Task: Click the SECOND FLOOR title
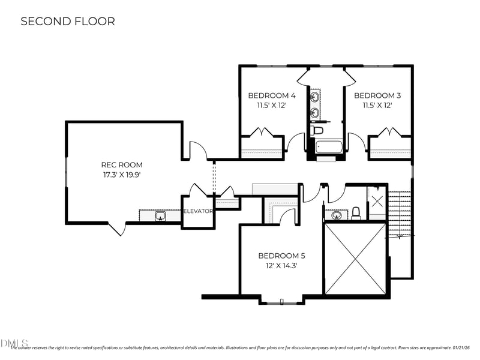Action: click(68, 22)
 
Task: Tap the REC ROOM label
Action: click(122, 165)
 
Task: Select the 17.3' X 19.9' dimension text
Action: click(122, 175)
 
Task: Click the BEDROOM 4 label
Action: click(272, 95)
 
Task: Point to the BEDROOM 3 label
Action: click(377, 95)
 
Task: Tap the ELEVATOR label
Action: click(197, 211)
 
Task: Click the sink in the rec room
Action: click(160, 216)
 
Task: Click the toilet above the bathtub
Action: click(317, 130)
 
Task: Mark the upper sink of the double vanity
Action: click(314, 96)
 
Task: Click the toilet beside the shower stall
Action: click(356, 212)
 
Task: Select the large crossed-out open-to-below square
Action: click(355, 258)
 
